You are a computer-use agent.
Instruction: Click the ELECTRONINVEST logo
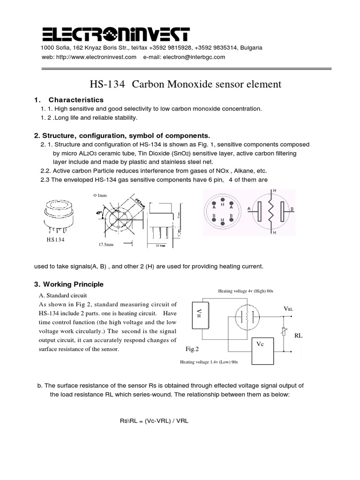click(x=116, y=34)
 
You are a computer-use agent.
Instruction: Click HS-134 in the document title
click(x=108, y=84)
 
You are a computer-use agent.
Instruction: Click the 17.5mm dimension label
click(x=106, y=244)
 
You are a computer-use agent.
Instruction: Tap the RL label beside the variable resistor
click(x=299, y=336)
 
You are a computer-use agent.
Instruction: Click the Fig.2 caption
click(x=193, y=349)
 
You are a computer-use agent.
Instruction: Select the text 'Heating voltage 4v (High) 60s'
click(x=245, y=291)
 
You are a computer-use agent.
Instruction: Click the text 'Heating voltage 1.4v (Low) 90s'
click(x=209, y=362)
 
